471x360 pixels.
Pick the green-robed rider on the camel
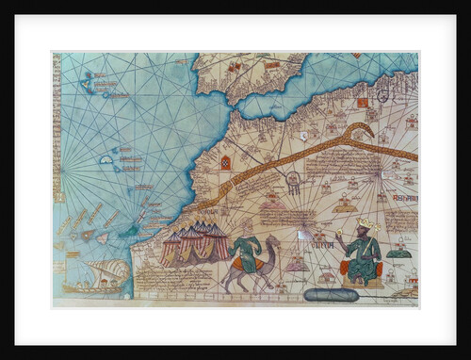246,253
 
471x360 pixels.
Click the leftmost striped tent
171,247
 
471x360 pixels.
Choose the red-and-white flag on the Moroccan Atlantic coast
225,161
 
